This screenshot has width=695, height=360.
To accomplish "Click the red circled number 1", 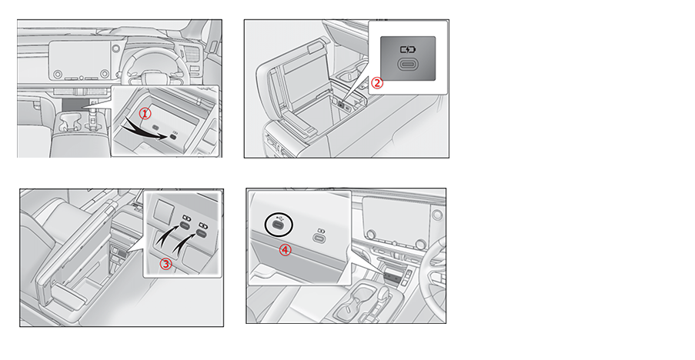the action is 145,114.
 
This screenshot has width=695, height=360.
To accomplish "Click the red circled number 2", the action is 377,83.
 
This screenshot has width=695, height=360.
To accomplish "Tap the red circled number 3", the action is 165,265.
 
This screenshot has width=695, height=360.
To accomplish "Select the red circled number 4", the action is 285,250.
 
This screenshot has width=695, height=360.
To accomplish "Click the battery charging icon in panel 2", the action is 407,50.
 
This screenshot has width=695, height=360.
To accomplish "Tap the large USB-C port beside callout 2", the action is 407,64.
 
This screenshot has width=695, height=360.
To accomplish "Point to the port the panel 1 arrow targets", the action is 174,137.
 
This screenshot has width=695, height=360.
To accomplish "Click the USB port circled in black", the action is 279,225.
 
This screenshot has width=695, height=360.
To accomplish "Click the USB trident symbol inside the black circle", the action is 279,218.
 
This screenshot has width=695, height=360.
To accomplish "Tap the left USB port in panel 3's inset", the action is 185,226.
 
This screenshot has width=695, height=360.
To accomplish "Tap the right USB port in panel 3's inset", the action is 202,233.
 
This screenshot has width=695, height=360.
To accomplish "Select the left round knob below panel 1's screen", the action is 58,74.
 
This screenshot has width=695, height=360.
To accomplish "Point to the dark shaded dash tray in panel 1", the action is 72,105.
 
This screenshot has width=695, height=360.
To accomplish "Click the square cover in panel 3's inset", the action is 162,210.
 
